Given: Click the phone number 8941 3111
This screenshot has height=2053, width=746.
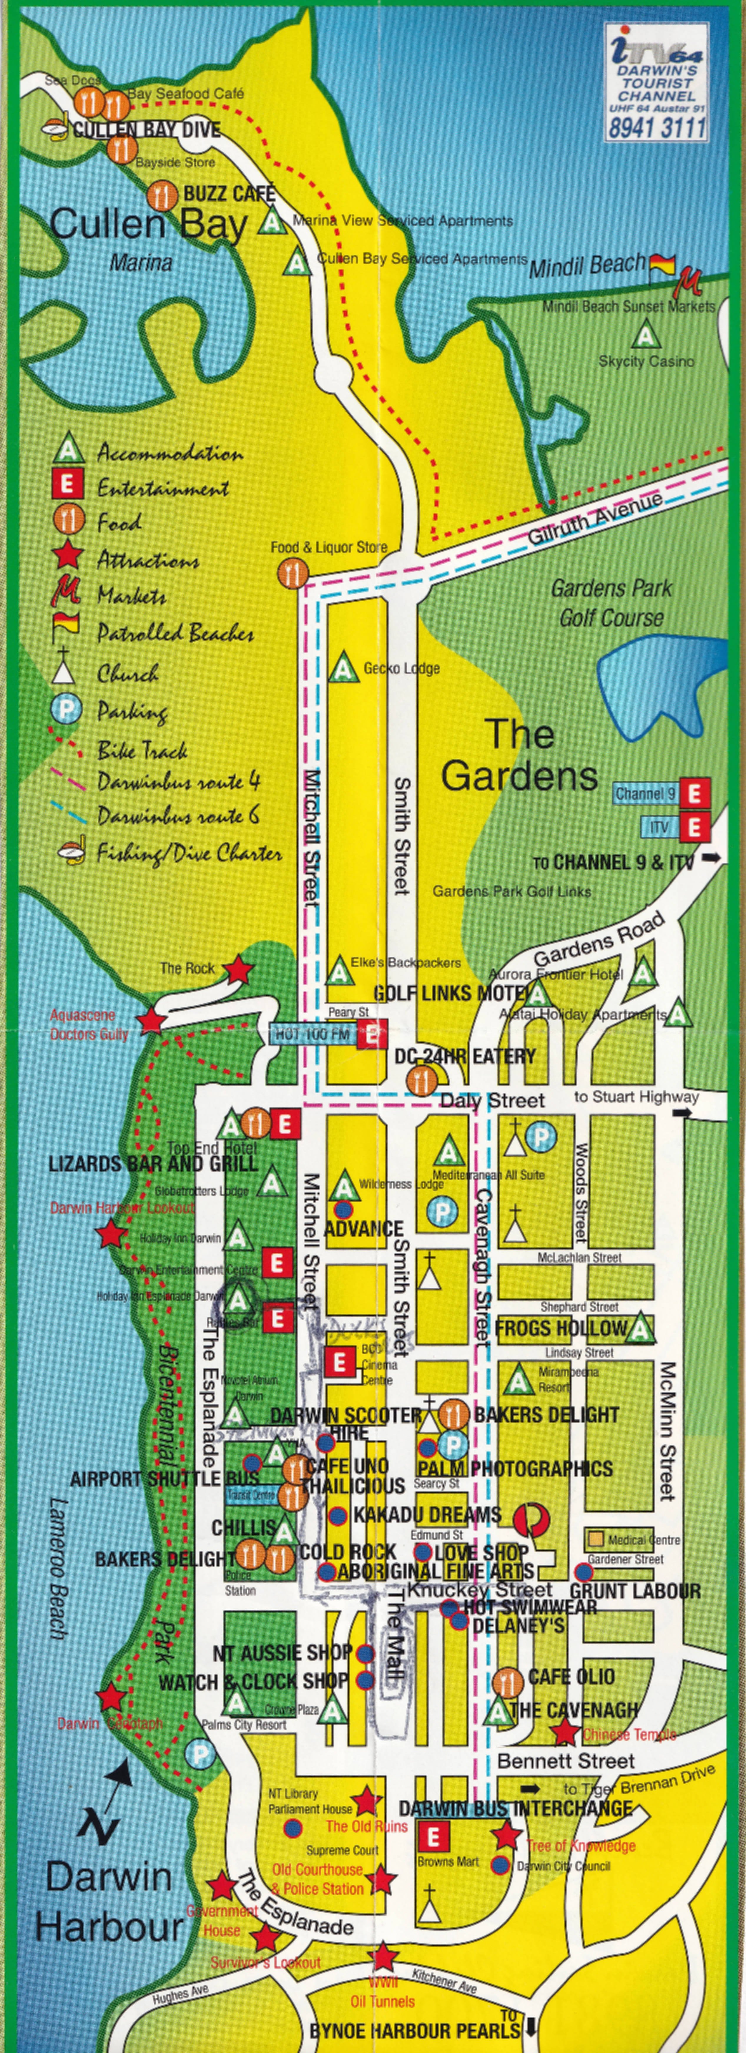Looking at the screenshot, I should click(x=657, y=127).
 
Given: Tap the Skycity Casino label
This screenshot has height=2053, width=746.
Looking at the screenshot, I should click(x=646, y=361).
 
